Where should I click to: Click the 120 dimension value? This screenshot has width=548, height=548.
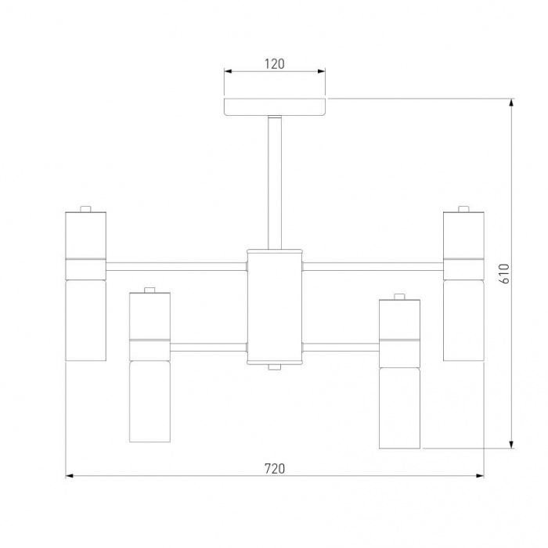point(274,64)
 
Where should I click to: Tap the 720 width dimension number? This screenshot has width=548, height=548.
point(275,468)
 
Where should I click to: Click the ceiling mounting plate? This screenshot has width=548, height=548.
point(275,107)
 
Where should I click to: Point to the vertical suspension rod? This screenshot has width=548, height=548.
point(275,182)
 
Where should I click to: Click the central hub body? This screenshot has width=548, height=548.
point(275,307)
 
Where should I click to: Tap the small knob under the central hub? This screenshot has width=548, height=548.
point(275,367)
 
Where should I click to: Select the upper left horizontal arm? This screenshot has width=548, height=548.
point(176,267)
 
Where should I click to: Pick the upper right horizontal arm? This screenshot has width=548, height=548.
point(373,266)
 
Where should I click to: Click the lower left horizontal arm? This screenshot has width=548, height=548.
point(208,347)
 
